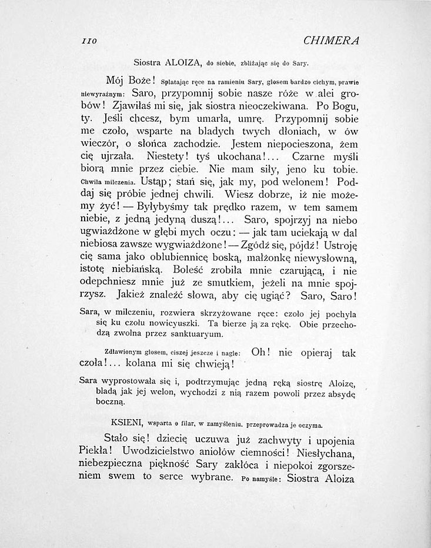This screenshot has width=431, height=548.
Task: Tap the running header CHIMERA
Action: pos(332,41)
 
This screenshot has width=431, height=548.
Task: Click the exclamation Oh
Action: pos(260,353)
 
